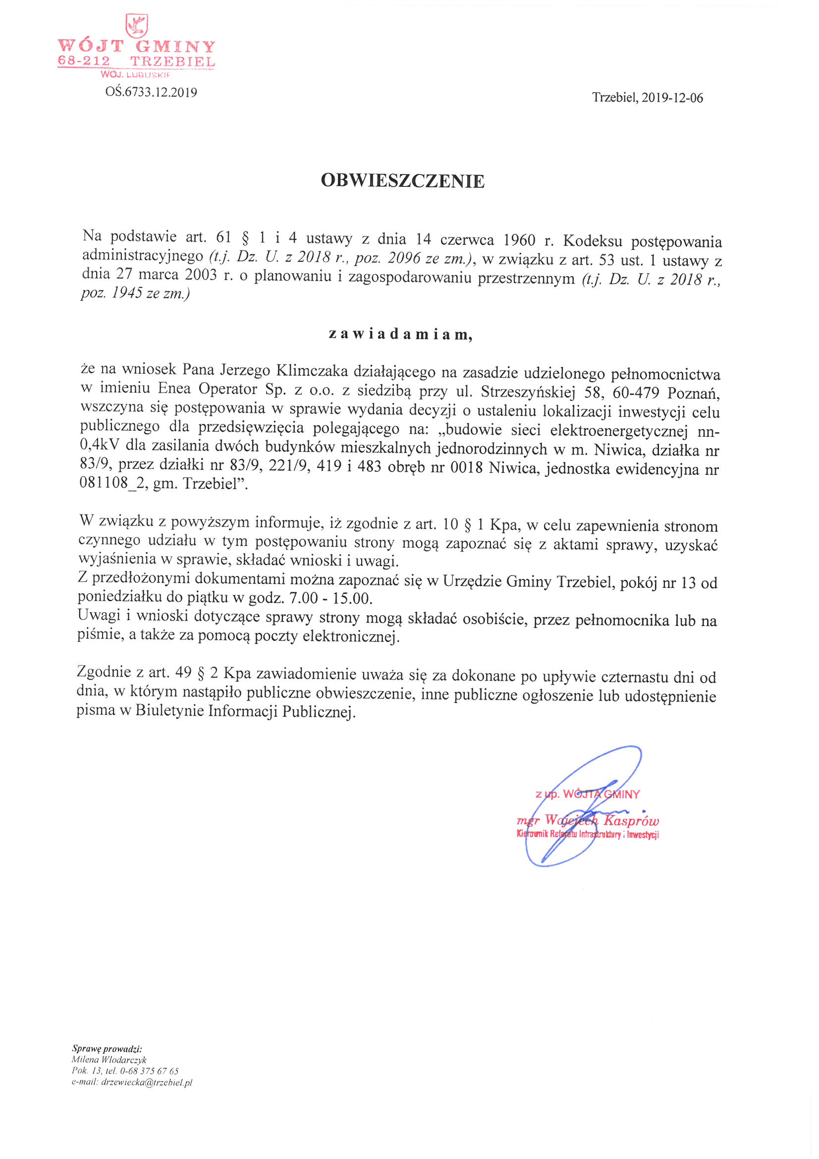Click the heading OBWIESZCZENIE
pyautogui.click(x=403, y=181)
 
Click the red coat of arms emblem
pyautogui.click(x=136, y=25)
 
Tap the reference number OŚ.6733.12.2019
pyautogui.click(x=152, y=92)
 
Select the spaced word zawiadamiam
pyautogui.click(x=401, y=334)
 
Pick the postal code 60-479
pyautogui.click(x=636, y=393)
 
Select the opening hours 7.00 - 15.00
pyautogui.click(x=330, y=599)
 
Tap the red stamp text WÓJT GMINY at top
pyautogui.click(x=136, y=47)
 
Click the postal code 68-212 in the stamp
pyautogui.click(x=84, y=61)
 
